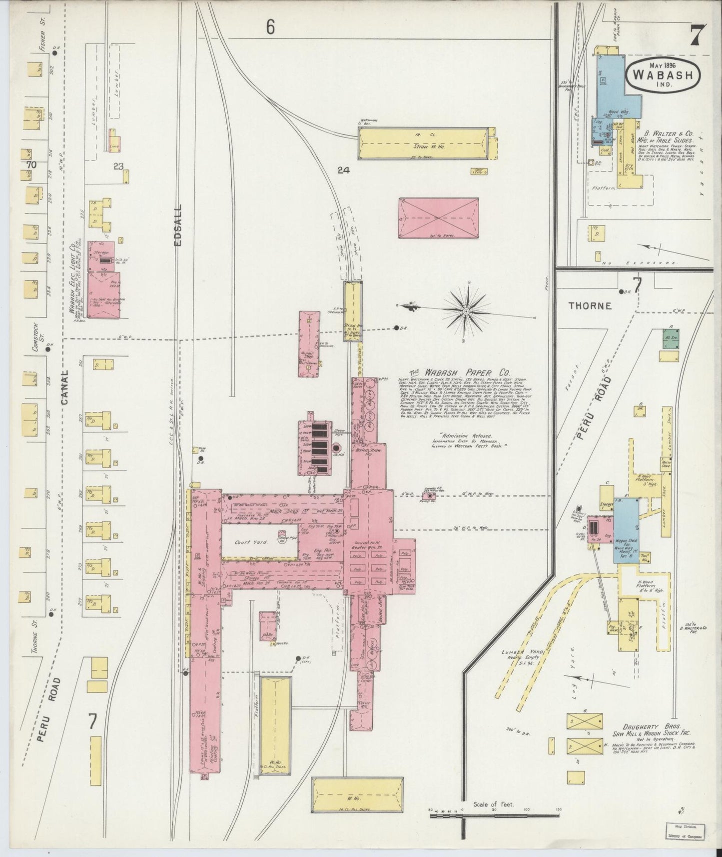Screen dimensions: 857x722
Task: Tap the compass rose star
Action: [x=466, y=311]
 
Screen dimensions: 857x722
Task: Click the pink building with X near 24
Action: [x=438, y=218]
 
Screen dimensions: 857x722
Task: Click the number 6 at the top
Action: [x=270, y=27]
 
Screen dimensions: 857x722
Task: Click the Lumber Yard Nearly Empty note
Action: [x=522, y=656]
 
